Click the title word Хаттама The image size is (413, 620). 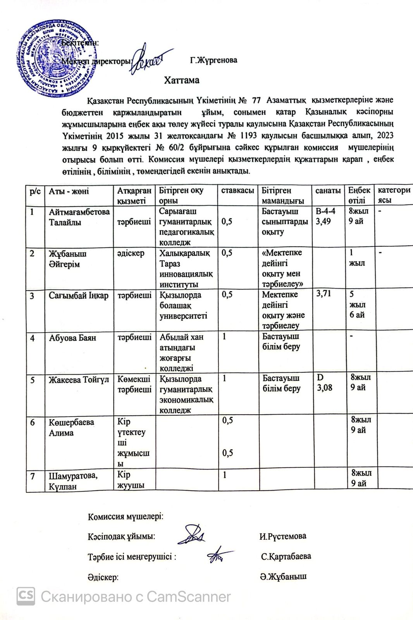pyautogui.click(x=181, y=80)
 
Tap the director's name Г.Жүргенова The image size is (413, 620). pyautogui.click(x=213, y=60)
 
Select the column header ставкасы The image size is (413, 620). pyautogui.click(x=237, y=191)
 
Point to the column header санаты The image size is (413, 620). pyautogui.click(x=328, y=191)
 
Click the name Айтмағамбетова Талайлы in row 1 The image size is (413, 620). pyautogui.click(x=79, y=217)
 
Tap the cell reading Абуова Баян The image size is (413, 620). pyautogui.click(x=72, y=338)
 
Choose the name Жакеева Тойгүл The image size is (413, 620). pyautogui.click(x=79, y=380)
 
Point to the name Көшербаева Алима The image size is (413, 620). pyautogui.click(x=71, y=427)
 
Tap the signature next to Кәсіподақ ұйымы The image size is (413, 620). pyautogui.click(x=191, y=534)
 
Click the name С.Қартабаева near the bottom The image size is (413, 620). pyautogui.click(x=286, y=556)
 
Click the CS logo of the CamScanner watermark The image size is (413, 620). pyautogui.click(x=26, y=596)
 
